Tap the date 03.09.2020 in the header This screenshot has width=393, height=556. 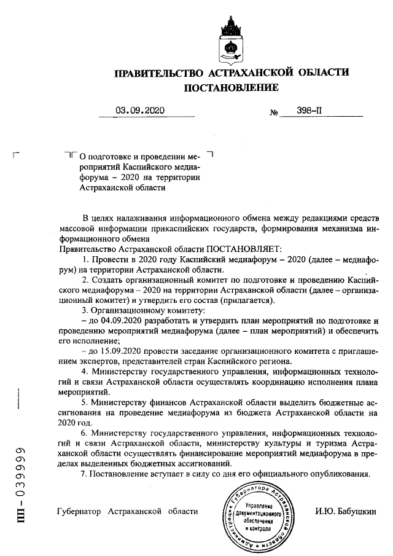click(x=141, y=111)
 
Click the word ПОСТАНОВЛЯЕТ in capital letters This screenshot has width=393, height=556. click(x=243, y=249)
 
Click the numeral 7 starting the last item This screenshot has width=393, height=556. click(x=84, y=474)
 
